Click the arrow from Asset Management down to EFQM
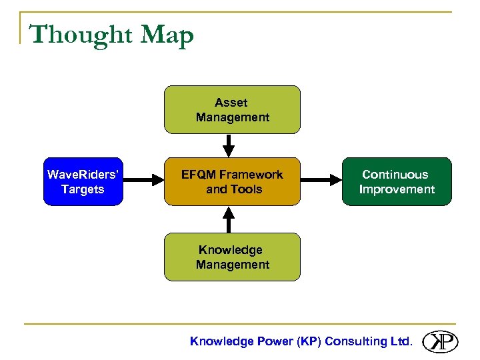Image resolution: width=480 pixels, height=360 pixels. click(x=229, y=145)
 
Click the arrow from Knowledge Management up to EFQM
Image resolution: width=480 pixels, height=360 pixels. click(x=229, y=219)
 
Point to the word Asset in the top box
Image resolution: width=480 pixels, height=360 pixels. click(x=231, y=103)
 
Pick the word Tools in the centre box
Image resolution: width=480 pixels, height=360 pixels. click(x=247, y=189)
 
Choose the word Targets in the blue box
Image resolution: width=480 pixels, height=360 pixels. click(x=83, y=189)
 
